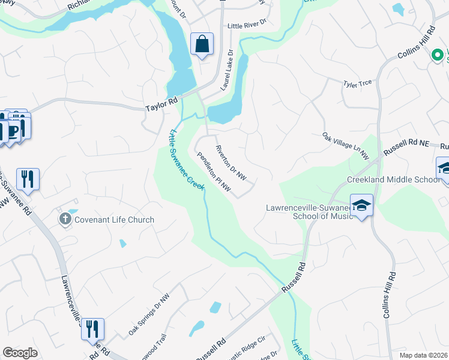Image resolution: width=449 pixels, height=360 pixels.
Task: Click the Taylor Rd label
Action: point(163,106)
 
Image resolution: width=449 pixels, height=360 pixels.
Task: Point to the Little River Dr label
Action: point(246,26)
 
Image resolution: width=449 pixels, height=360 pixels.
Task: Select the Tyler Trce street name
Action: point(357,83)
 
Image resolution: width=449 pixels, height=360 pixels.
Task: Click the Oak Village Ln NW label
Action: point(345,146)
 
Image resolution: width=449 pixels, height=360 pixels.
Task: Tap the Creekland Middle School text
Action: point(393,179)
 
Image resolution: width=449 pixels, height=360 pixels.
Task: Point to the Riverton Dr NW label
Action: point(231,163)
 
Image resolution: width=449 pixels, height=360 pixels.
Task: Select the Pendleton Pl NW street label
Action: point(214,171)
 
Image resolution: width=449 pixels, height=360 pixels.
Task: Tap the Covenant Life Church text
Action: point(114,220)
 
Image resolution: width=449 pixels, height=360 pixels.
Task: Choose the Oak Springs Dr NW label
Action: point(149,314)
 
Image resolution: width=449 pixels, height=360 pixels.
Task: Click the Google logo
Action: point(20,353)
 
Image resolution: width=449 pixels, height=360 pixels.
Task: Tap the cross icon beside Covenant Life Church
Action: point(65,220)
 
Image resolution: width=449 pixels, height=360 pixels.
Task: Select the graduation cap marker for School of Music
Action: point(361,205)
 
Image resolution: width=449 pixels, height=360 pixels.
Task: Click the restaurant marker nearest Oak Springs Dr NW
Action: point(92,329)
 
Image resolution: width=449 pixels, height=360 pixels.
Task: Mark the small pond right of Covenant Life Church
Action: point(122,243)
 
